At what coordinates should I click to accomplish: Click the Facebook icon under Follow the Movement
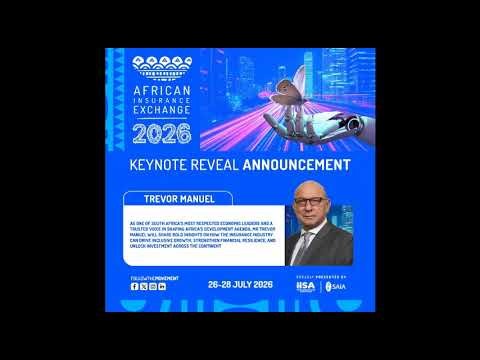(x=135, y=286)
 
